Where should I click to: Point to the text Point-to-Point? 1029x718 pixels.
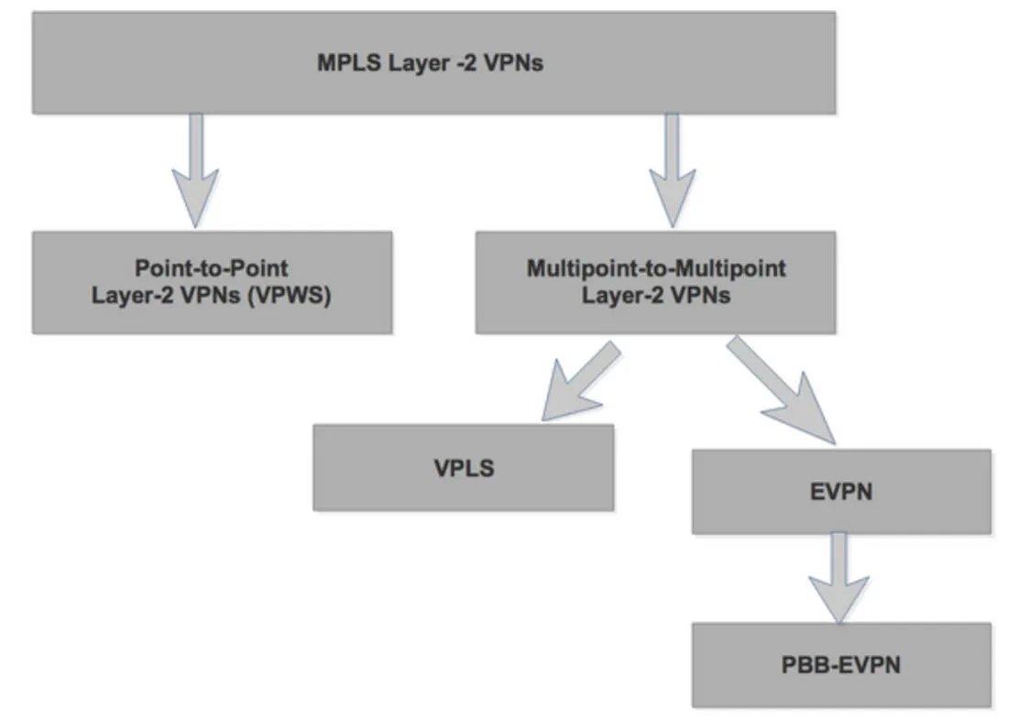pos(212,269)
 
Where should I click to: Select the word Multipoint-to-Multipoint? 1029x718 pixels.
pos(656,269)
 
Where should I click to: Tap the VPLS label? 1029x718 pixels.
pos(464,468)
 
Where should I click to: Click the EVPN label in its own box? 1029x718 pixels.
pos(841,492)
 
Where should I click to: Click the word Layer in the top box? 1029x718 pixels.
pos(404,64)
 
